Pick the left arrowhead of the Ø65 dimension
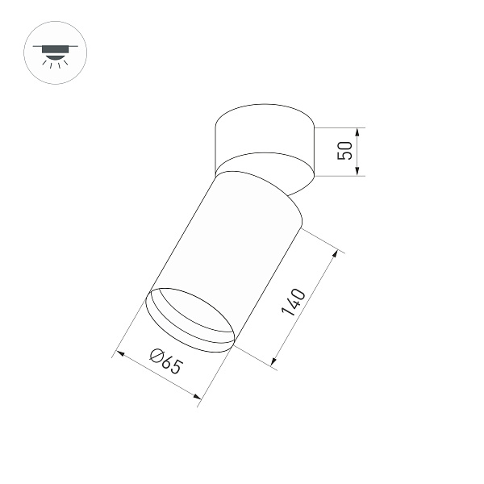click(120, 353)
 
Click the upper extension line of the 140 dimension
click(322, 241)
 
